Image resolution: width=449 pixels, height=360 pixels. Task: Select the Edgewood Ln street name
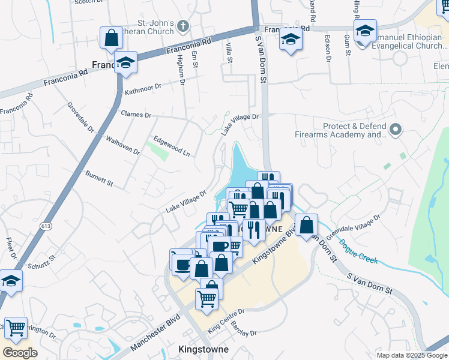[172, 146]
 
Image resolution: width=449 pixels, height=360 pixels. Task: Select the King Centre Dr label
[226, 320]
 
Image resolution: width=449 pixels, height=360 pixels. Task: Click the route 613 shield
[46, 226]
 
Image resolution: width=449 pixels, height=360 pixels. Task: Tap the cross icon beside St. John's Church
[183, 26]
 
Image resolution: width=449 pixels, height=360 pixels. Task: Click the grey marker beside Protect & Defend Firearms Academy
[395, 129]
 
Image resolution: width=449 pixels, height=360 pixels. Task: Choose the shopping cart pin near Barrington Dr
[16, 328]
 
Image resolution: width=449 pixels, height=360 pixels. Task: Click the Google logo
[20, 353]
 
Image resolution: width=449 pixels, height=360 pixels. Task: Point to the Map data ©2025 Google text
[411, 355]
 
